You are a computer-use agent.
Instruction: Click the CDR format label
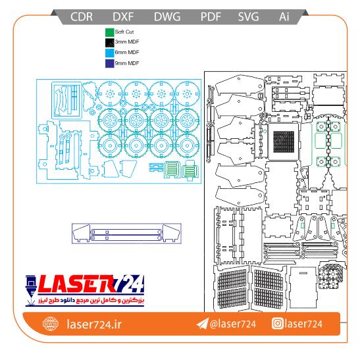pyautogui.click(x=82, y=16)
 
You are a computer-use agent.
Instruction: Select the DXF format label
pyautogui.click(x=123, y=16)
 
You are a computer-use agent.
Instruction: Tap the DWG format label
pyautogui.click(x=167, y=16)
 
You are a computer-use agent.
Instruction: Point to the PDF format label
pyautogui.click(x=211, y=16)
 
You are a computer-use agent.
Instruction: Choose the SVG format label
pyautogui.click(x=248, y=16)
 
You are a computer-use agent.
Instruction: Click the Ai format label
pyautogui.click(x=284, y=16)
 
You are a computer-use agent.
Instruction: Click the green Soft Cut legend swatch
pyautogui.click(x=110, y=32)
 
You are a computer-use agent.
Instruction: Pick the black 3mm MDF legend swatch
pyautogui.click(x=110, y=43)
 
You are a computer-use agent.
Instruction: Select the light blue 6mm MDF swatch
pyautogui.click(x=110, y=53)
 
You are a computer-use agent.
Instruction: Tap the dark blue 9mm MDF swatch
pyautogui.click(x=110, y=64)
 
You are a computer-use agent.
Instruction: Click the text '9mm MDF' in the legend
pyautogui.click(x=127, y=63)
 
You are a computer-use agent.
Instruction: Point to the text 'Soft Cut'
pyautogui.click(x=124, y=32)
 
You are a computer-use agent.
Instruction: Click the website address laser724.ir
pyautogui.click(x=94, y=324)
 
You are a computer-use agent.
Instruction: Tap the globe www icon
pyautogui.click(x=51, y=324)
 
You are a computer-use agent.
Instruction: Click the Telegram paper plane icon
pyautogui.click(x=203, y=324)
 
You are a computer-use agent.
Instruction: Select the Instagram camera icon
pyautogui.click(x=277, y=323)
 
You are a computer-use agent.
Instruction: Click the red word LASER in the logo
pyautogui.click(x=77, y=284)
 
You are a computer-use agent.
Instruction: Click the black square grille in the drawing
pyautogui.click(x=284, y=142)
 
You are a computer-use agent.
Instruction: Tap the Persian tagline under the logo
pyautogui.click(x=91, y=300)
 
